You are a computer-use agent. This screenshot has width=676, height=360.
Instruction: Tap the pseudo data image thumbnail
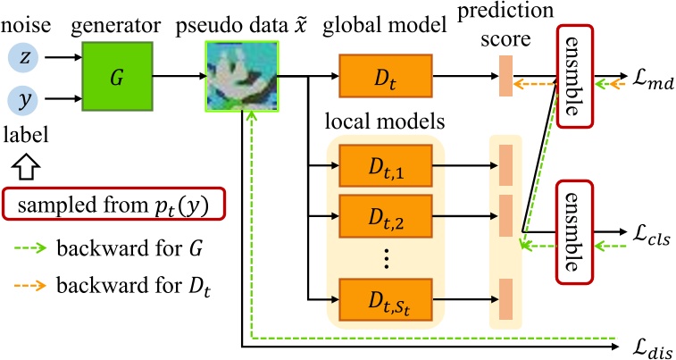point(242,77)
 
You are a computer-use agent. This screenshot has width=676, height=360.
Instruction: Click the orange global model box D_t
point(385,77)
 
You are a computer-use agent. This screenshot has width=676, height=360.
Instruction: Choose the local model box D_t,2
point(385,214)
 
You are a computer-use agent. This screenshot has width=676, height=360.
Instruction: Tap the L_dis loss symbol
point(648,345)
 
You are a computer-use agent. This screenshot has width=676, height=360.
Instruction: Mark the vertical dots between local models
point(385,258)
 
